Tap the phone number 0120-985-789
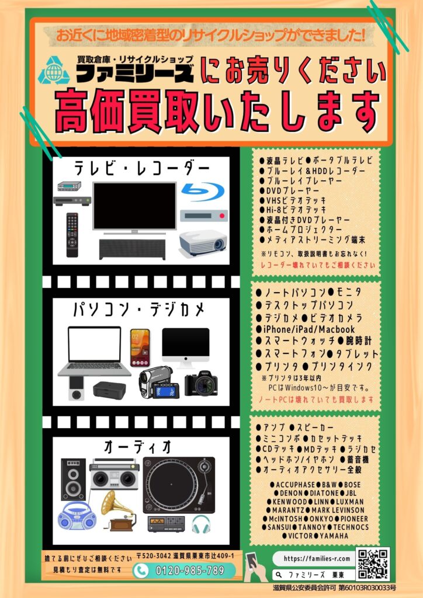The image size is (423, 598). coord(190,571)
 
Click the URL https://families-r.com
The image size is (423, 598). coord(317,559)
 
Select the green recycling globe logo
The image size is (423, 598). coord(54,70)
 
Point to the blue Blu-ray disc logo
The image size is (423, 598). coord(203,192)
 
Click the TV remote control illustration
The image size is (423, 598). coord(72,235)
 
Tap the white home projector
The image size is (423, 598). coord(203,242)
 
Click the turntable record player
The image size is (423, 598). coord(179,485)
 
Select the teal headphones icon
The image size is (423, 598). coord(200,524)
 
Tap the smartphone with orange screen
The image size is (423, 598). coord(140,347)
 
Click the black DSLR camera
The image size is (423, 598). coord(202,383)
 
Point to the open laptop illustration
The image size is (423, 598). coord(94,351)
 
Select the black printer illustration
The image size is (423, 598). coord(109,389)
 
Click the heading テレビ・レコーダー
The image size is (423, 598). coord(142,168)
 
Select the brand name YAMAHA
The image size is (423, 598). coord(334,536)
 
